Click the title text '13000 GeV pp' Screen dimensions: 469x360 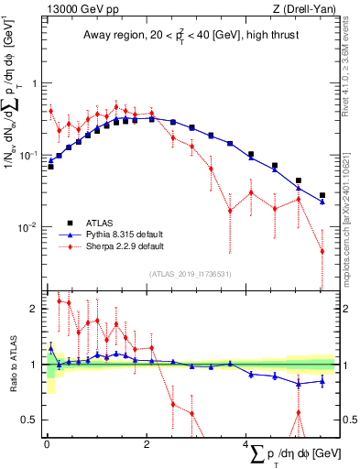[78, 9]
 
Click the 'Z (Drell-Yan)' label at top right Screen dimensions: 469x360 [308, 9]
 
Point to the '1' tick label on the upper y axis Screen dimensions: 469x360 [35, 82]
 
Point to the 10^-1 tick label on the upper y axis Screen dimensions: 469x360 [29, 155]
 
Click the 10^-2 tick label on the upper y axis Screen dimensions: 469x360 [29, 227]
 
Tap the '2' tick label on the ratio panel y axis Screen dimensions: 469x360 [35, 309]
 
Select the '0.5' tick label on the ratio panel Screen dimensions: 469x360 [30, 420]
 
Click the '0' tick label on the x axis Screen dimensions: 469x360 [47, 443]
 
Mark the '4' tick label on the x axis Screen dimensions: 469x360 [246, 443]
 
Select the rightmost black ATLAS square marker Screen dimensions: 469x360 [322, 195]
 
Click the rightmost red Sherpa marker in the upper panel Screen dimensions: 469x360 [322, 251]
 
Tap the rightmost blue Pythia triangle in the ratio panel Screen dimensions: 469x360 [322, 381]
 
